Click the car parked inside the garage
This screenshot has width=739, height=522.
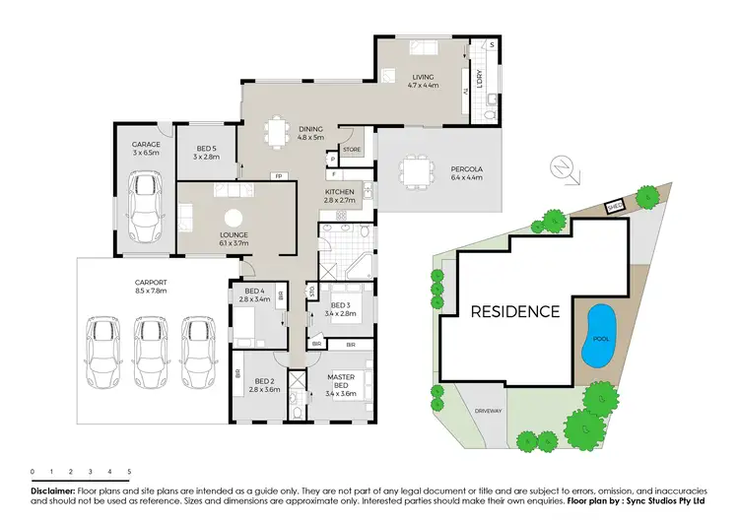click(146, 203)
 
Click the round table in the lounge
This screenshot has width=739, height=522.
click(234, 218)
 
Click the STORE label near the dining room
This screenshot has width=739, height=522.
click(352, 150)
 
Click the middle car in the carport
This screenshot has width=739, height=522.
click(150, 353)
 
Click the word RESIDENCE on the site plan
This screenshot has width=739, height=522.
click(514, 312)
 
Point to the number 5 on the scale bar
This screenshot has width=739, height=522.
click(128, 473)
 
